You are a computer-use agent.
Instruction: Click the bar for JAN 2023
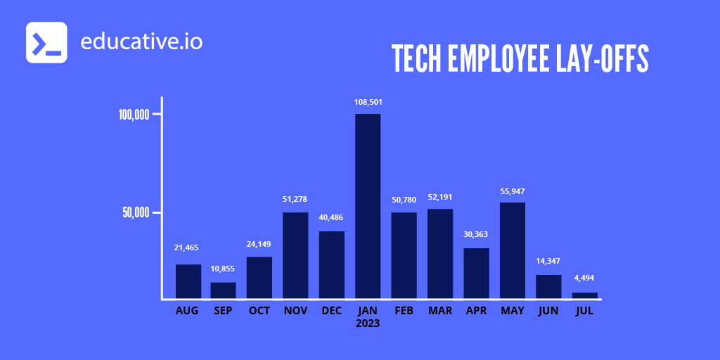point(368,206)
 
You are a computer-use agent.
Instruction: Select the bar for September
point(223,290)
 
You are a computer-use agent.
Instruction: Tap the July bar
point(584,295)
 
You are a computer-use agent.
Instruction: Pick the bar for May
point(513,250)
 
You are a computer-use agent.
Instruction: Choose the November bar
point(295,255)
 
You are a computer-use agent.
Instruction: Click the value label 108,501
point(368,102)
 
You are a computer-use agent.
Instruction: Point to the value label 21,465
point(188,247)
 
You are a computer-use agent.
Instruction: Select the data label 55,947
point(513,191)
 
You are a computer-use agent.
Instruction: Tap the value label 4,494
point(584,278)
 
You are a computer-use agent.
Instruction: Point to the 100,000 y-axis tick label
point(134,115)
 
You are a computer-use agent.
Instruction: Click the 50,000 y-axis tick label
point(136,212)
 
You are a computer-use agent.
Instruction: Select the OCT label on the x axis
point(259,311)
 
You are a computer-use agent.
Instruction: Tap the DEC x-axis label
point(331,311)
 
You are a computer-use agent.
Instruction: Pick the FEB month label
point(404,311)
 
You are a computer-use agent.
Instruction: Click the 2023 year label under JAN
point(368,323)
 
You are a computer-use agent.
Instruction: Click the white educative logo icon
point(46,42)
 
